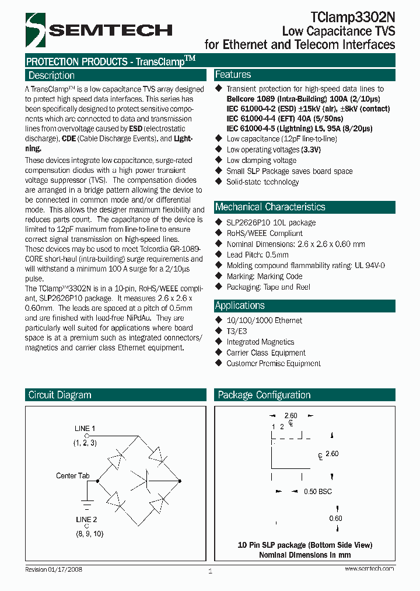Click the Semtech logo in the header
[99, 30]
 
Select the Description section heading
[52, 75]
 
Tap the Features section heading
[233, 75]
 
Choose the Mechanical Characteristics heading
[270, 207]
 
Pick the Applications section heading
[240, 305]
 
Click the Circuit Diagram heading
[60, 395]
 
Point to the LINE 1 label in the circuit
[85, 429]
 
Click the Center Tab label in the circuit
[73, 476]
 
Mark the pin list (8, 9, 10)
[89, 534]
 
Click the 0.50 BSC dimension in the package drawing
[317, 492]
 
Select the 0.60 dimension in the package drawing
[335, 519]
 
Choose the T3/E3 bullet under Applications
[236, 331]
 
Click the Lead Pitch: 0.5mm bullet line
[257, 255]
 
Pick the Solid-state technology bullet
[262, 182]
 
